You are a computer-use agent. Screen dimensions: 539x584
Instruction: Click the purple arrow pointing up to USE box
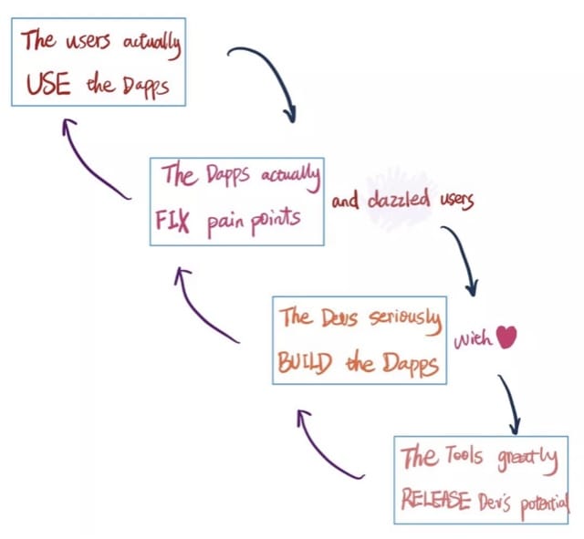90,164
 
